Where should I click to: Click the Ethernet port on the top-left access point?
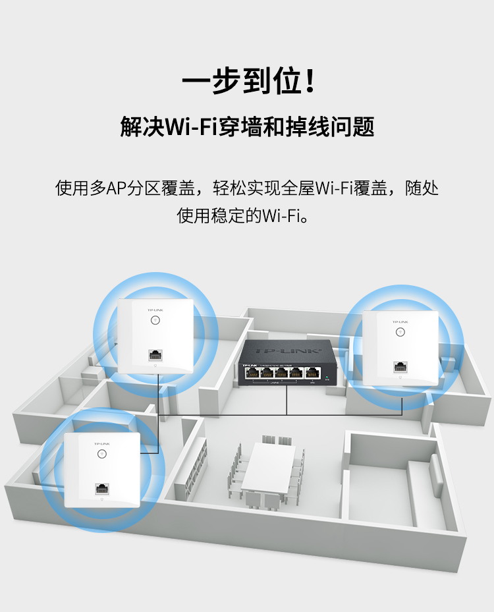[155, 354]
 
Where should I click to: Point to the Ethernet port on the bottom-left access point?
[101, 489]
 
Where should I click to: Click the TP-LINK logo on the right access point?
[400, 322]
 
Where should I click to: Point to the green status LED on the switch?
[327, 376]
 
